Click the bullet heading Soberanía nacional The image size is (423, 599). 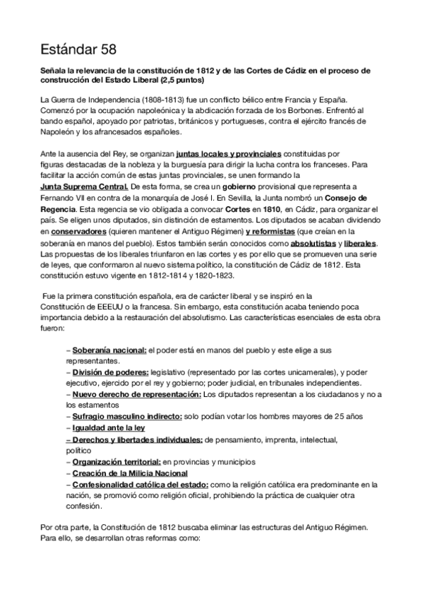(x=109, y=350)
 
